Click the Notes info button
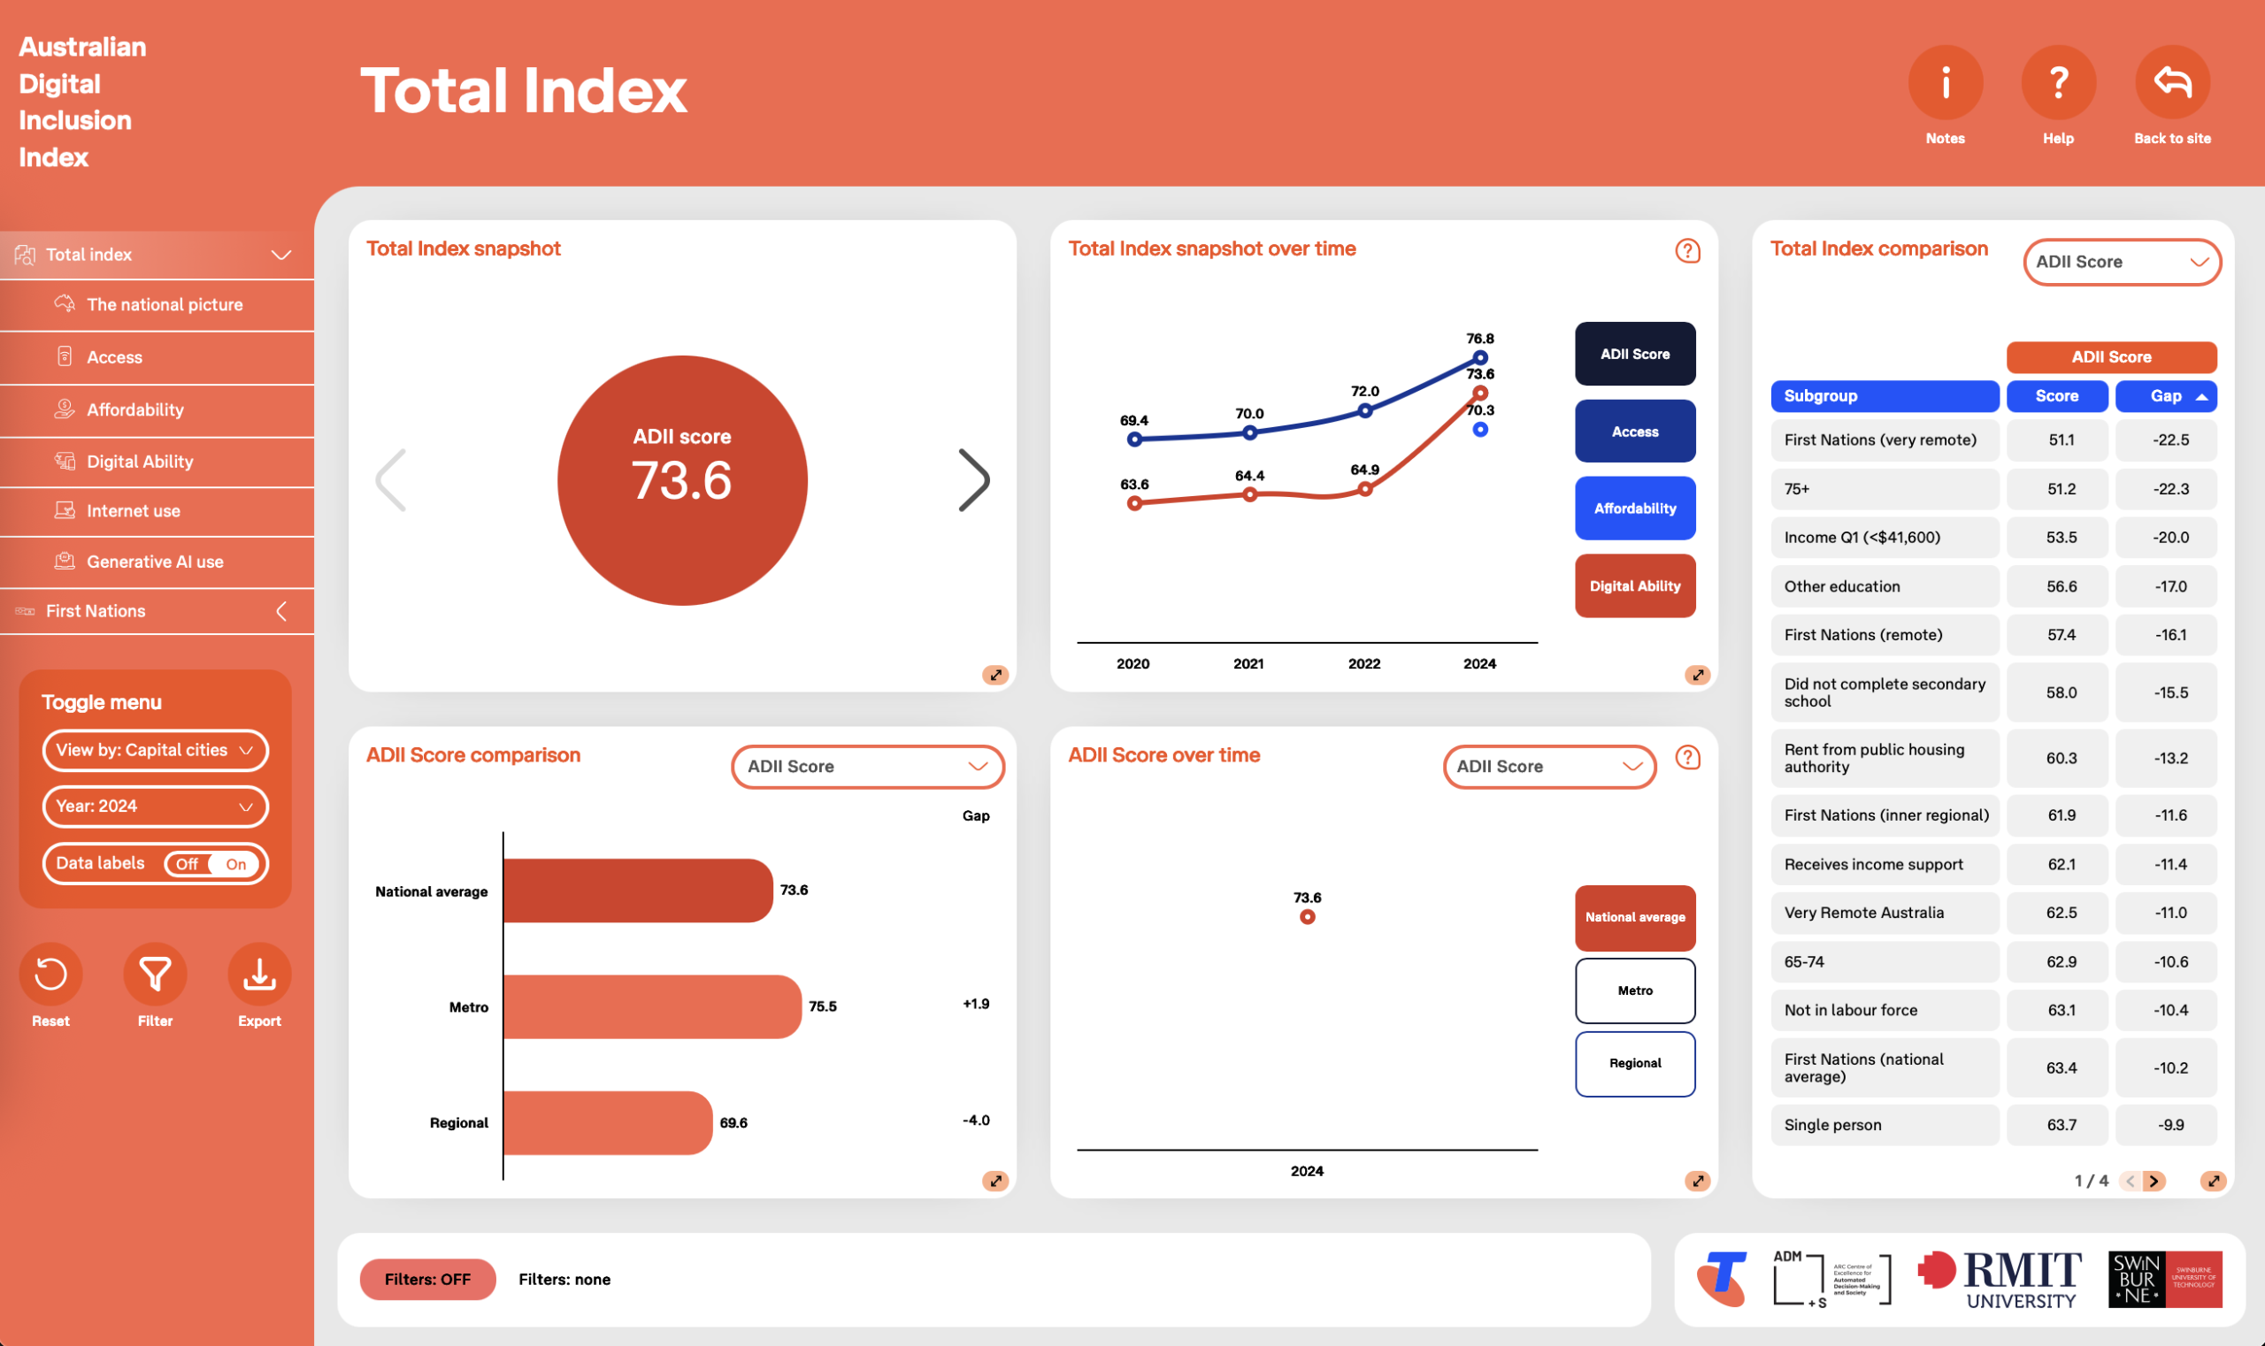[1945, 83]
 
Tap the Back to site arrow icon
[2171, 83]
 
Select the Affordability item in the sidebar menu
[135, 410]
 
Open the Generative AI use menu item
[154, 562]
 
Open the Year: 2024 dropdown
[155, 807]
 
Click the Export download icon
[259, 975]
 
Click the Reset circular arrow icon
[50, 975]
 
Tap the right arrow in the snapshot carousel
[974, 480]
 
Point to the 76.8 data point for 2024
[1480, 357]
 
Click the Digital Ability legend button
[1634, 586]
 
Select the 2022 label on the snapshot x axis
[1364, 664]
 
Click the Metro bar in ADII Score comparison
[651, 1006]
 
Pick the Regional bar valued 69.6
[607, 1123]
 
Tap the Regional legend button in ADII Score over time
[1634, 1064]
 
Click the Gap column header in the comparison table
[2165, 396]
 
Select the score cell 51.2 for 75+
[2061, 489]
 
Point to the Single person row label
[1832, 1125]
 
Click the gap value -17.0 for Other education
[2169, 587]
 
